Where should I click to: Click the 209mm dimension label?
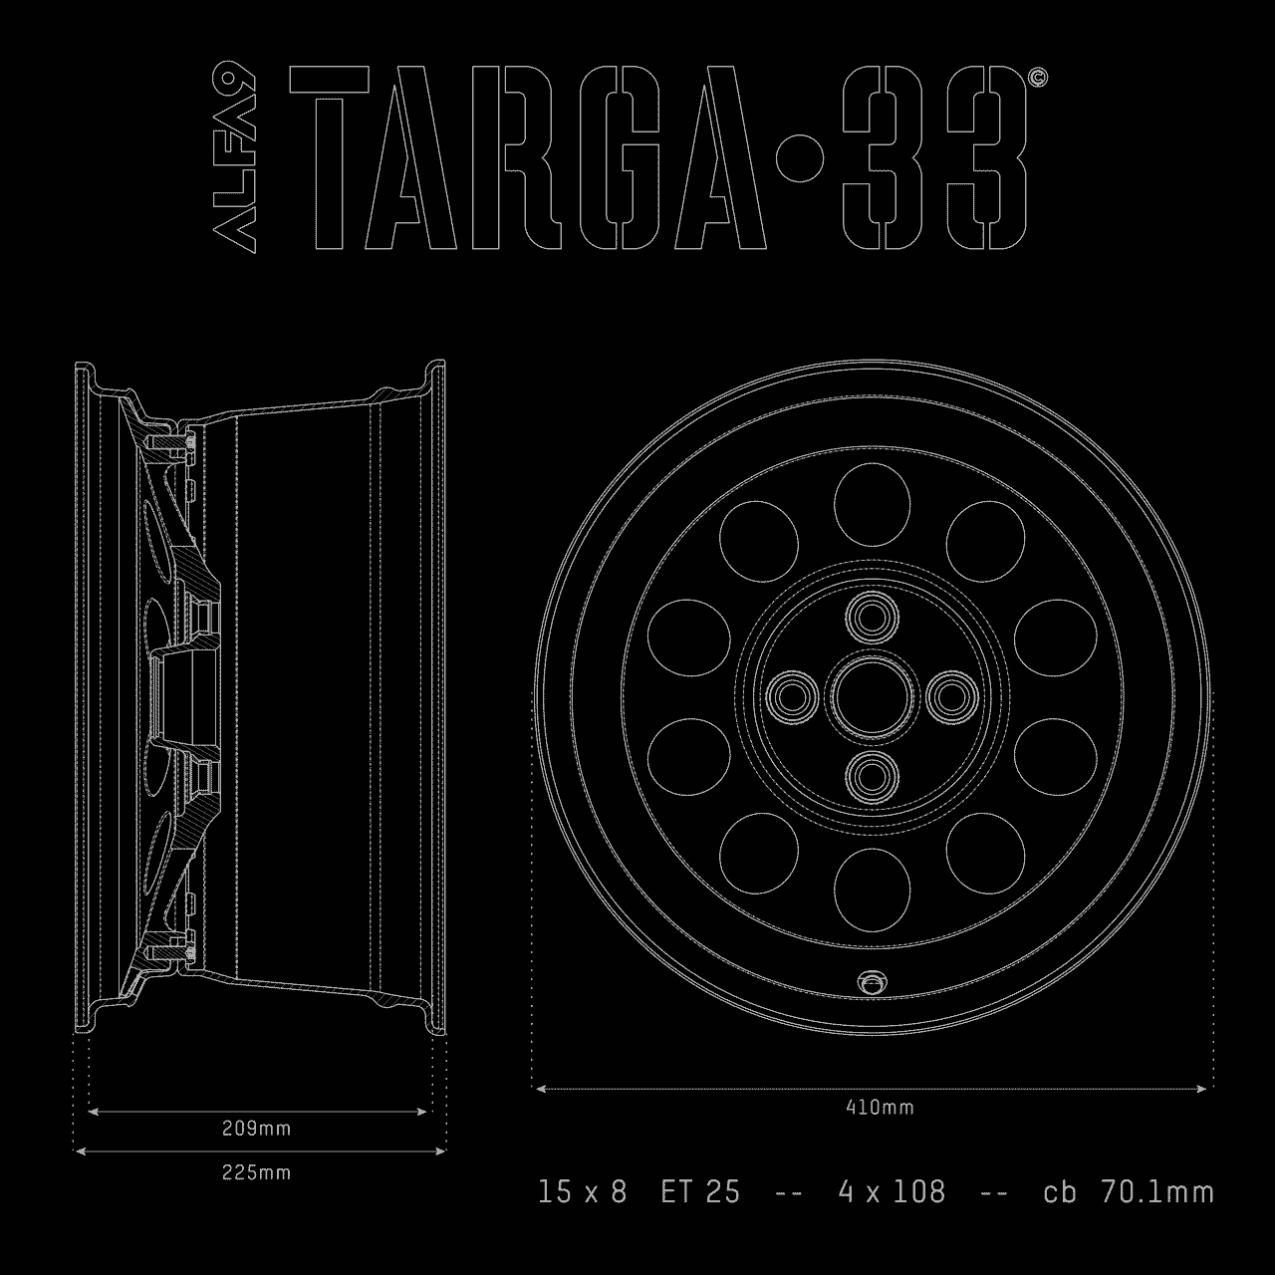tap(256, 1129)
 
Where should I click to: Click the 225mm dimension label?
tap(256, 1172)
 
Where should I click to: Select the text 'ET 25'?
tap(700, 1191)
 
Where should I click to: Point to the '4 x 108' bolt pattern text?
tap(892, 1191)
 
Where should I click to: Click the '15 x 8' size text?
tap(583, 1191)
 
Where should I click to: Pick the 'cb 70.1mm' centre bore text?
tap(1129, 1191)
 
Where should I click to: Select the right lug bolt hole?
tap(951, 695)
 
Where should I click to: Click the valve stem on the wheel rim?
tap(873, 982)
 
